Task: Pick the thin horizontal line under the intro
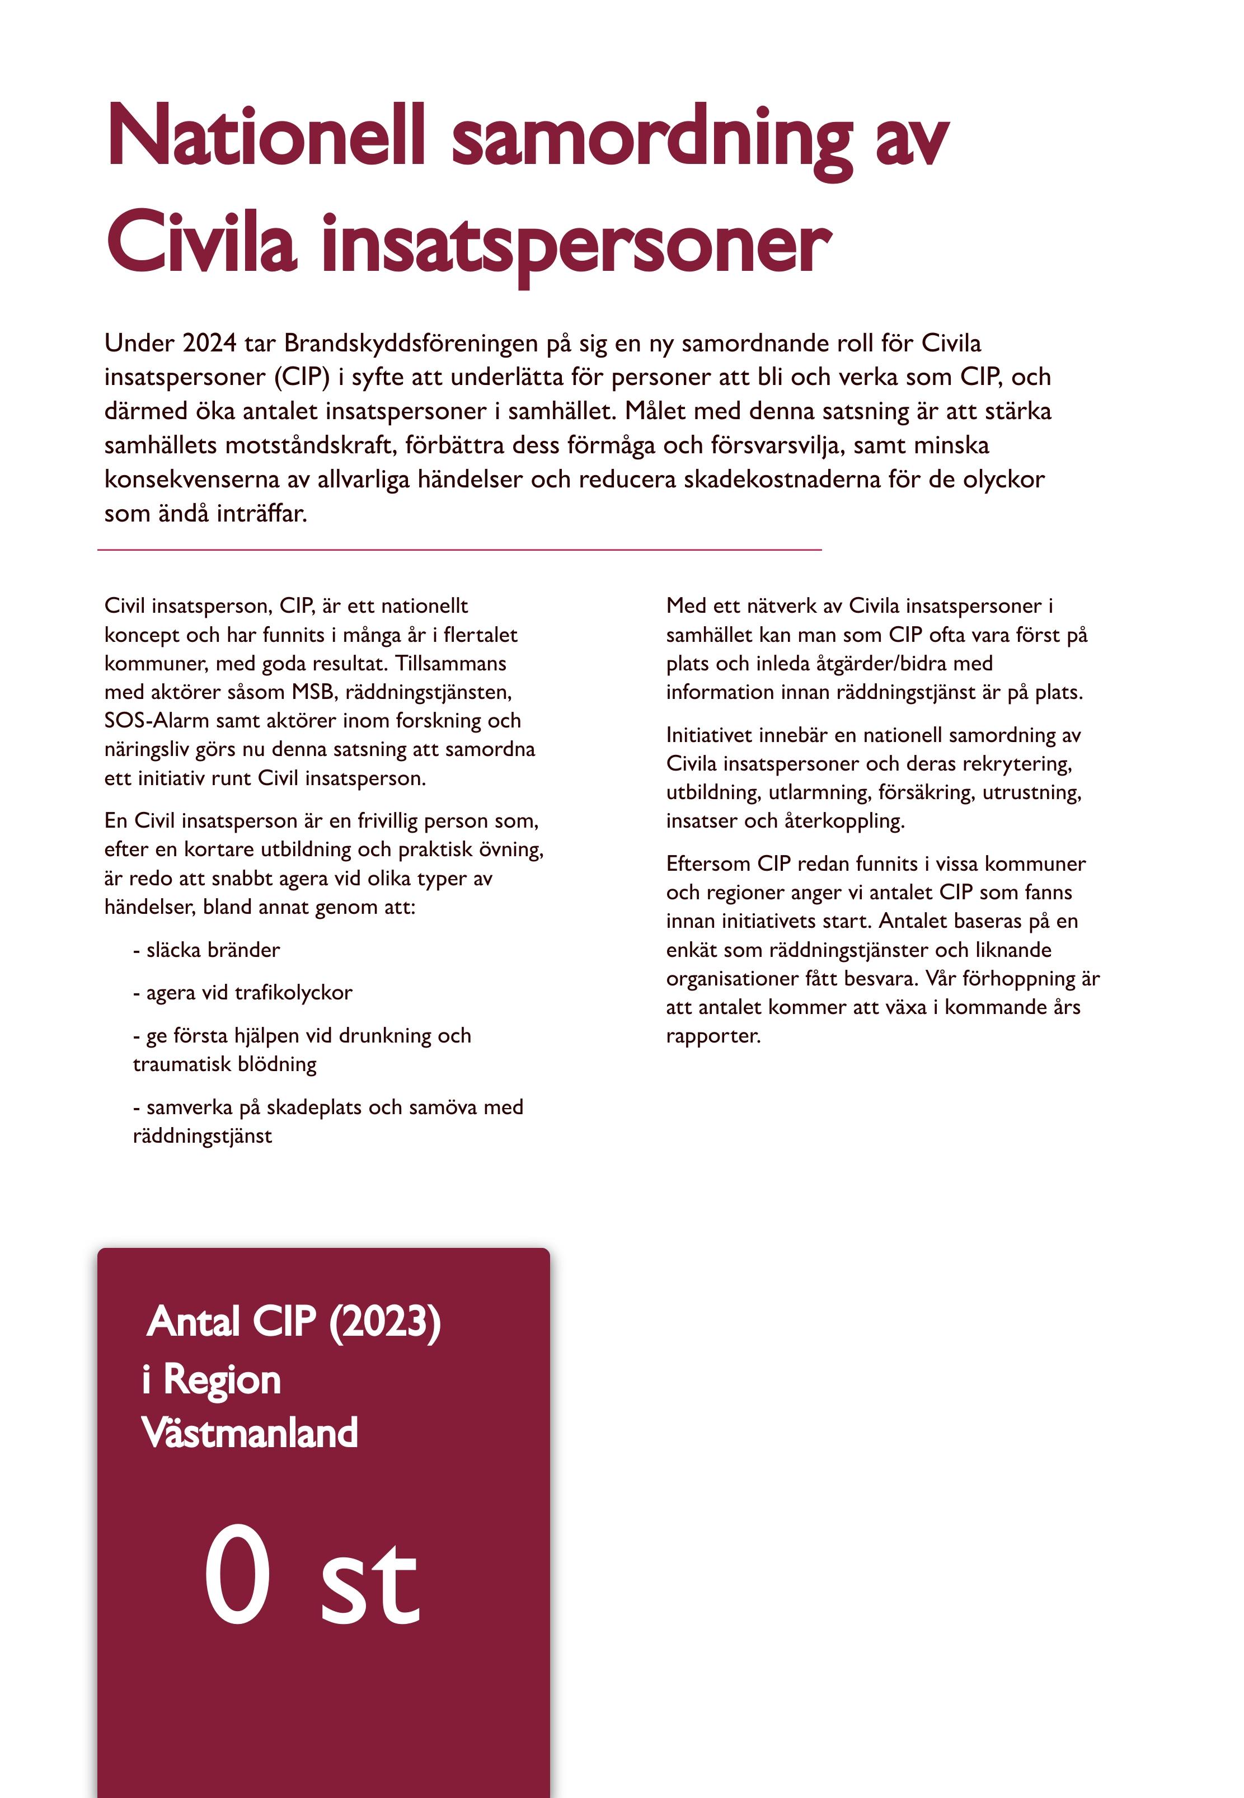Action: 460,550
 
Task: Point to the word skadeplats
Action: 314,1107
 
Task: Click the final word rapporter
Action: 712,1036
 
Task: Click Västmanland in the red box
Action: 250,1433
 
